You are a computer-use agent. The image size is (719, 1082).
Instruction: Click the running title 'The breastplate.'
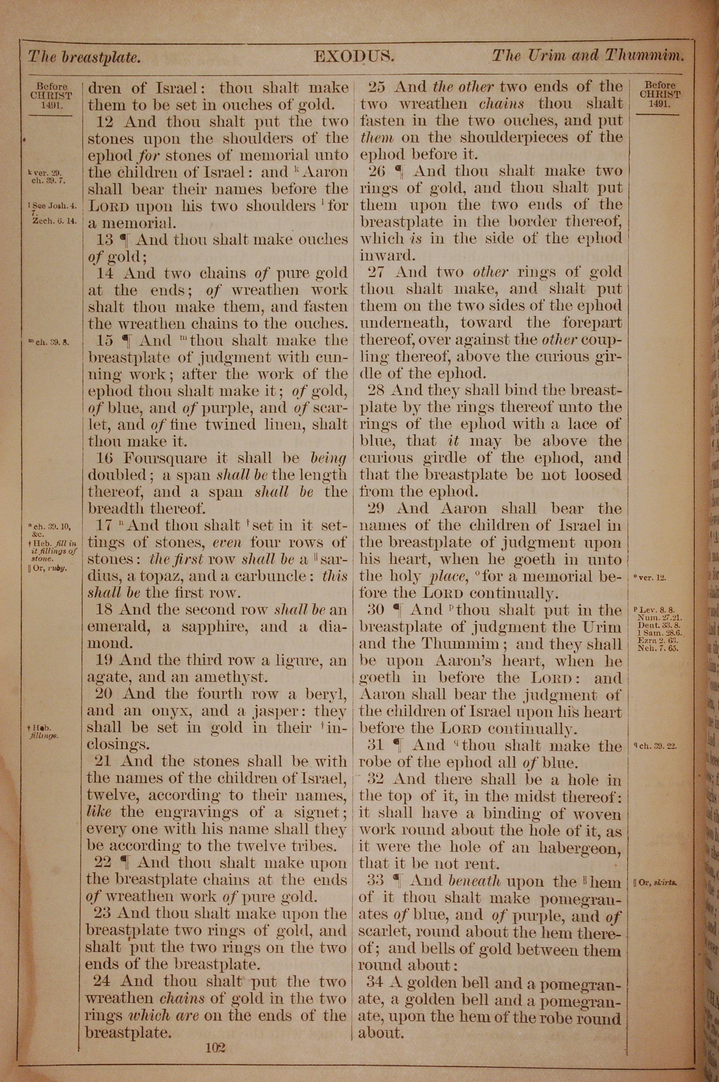(84, 57)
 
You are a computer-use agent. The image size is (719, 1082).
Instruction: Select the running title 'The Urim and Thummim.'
(588, 56)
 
